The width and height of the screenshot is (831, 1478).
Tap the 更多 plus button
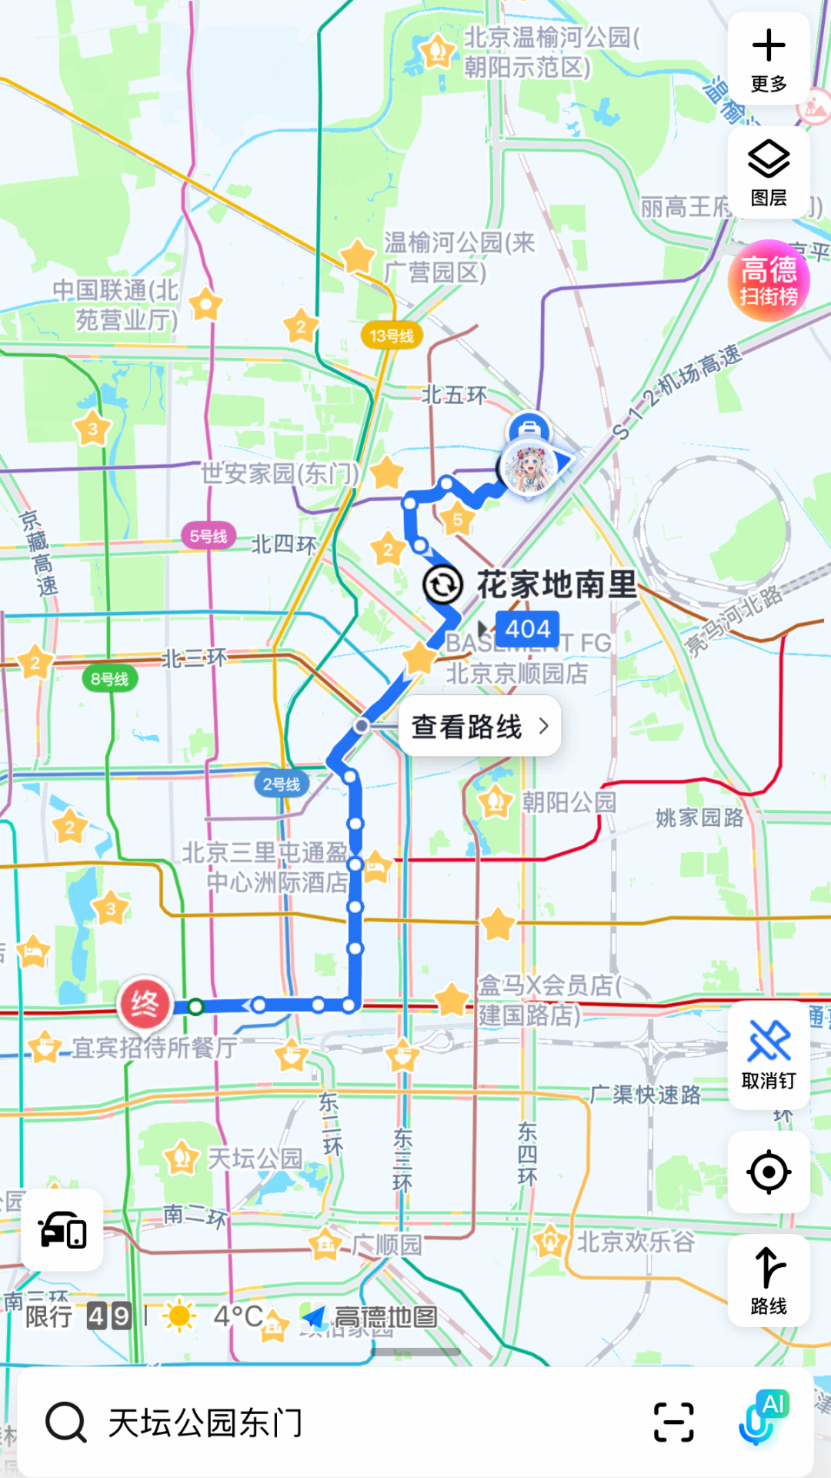pyautogui.click(x=769, y=59)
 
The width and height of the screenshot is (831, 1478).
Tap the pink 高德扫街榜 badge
pyautogui.click(x=769, y=280)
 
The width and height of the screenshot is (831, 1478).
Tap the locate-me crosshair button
pyautogui.click(x=769, y=1172)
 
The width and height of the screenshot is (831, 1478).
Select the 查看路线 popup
pyautogui.click(x=479, y=726)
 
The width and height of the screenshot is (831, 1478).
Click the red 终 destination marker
pyautogui.click(x=145, y=1004)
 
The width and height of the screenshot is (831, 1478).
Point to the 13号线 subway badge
pyautogui.click(x=392, y=336)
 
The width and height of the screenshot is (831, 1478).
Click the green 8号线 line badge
pyautogui.click(x=110, y=679)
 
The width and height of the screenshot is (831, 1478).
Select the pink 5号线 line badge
pyautogui.click(x=209, y=536)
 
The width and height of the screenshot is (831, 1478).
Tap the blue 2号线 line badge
pyautogui.click(x=282, y=784)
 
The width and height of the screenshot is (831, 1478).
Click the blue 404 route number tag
pyautogui.click(x=528, y=629)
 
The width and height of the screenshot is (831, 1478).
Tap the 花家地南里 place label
pyautogui.click(x=556, y=585)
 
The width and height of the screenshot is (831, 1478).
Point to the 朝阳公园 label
pyautogui.click(x=569, y=802)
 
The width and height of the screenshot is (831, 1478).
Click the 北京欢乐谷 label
pyautogui.click(x=636, y=1242)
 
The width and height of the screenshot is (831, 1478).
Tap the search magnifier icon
pyautogui.click(x=66, y=1422)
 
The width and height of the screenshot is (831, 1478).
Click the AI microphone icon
pyautogui.click(x=762, y=1419)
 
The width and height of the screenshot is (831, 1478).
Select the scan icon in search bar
pyautogui.click(x=674, y=1422)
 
